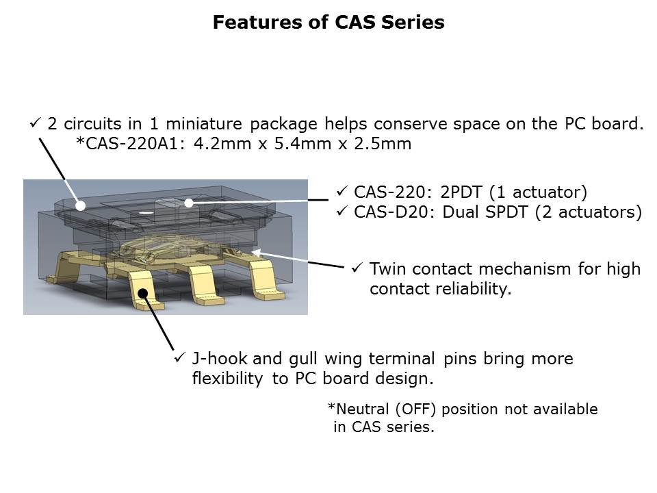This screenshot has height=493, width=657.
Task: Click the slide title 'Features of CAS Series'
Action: (328, 22)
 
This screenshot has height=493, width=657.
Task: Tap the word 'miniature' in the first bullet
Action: (204, 124)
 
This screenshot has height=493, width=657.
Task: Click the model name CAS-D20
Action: (393, 212)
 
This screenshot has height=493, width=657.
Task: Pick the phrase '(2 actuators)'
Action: (589, 212)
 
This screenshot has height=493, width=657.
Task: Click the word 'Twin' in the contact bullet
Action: (387, 268)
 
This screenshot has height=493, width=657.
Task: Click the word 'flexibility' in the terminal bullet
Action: (227, 378)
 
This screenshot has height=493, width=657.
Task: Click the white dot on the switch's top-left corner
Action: (81, 205)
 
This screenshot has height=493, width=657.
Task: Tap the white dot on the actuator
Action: (189, 203)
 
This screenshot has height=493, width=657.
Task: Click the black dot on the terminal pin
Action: (143, 293)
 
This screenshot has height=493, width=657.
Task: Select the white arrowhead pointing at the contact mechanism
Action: (256, 253)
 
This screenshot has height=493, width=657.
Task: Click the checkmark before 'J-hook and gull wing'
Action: (180, 357)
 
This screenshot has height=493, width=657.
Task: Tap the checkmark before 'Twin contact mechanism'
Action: (357, 268)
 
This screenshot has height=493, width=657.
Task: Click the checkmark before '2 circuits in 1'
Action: (35, 123)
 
